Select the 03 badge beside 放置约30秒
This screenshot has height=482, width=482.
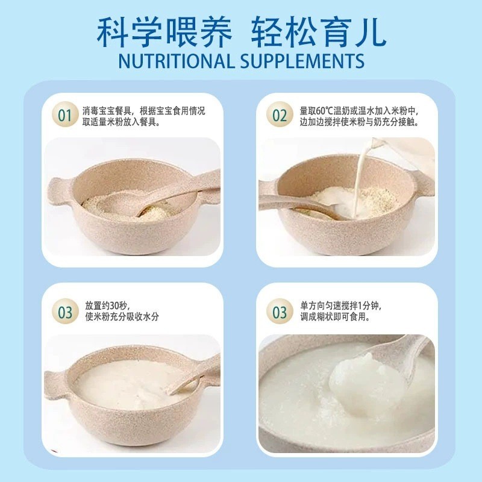click(64, 312)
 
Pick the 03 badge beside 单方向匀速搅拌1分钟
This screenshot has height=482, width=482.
click(280, 312)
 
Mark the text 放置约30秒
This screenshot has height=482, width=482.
click(107, 305)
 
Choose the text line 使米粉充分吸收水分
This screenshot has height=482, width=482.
click(122, 318)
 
